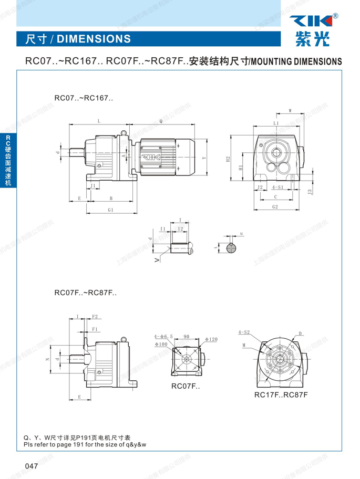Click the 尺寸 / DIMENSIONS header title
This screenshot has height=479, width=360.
coord(74,39)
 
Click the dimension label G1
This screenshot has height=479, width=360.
coord(110,210)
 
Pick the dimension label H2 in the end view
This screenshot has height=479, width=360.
coord(228,158)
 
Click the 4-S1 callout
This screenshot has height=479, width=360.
coord(277,187)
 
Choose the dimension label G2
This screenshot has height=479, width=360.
coord(275,207)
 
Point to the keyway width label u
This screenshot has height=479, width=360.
coord(241,233)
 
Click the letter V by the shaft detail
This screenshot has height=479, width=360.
coord(156,259)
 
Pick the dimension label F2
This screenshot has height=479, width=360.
coord(95,317)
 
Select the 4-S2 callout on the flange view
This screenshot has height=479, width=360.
coord(244,332)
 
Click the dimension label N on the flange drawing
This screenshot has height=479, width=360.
coord(48,359)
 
